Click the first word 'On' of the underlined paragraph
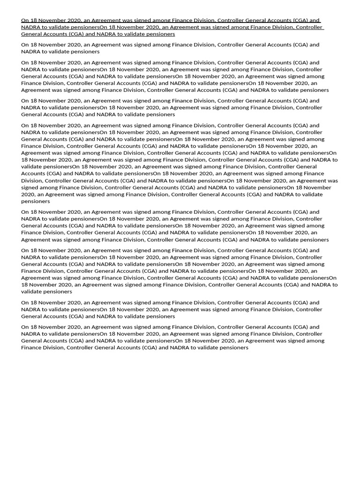click(x=25, y=21)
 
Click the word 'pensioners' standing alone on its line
click(x=36, y=201)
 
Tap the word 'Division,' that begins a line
click(x=32, y=180)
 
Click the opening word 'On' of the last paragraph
click(x=25, y=327)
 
